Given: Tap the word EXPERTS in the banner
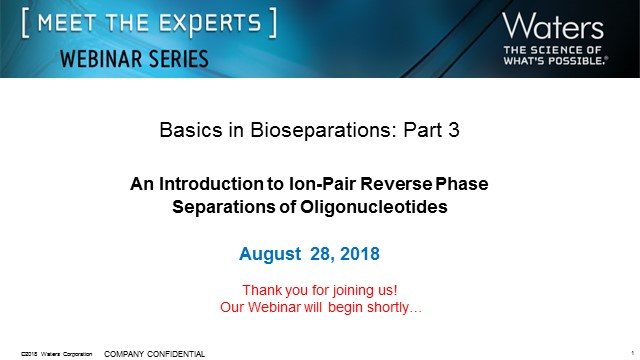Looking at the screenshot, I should tap(205, 21).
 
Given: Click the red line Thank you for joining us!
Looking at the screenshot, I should tap(320, 289).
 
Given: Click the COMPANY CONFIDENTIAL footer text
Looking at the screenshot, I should tap(154, 353).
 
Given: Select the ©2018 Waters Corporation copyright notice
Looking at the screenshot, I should tap(57, 354).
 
